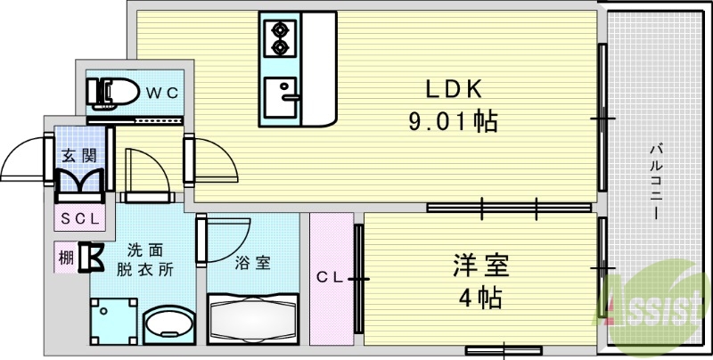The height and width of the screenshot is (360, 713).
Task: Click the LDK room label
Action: [453, 89]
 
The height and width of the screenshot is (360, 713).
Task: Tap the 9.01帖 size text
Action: [453, 121]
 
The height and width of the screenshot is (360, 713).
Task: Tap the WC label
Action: [163, 92]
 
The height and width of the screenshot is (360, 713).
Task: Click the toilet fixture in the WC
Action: [112, 91]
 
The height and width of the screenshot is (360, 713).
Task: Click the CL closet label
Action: [329, 277]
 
